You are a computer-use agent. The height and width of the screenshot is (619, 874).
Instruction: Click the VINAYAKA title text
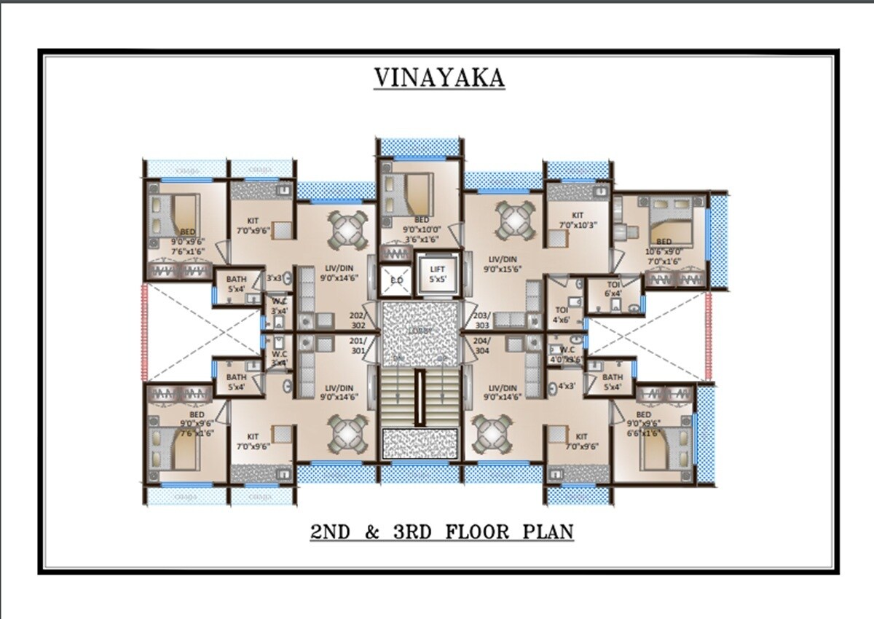coord(438,77)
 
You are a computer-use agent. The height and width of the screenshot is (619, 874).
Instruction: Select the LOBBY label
coord(421,331)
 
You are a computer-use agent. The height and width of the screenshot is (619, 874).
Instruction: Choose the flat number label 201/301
coord(358,345)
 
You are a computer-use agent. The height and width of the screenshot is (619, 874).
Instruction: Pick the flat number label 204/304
coord(481,345)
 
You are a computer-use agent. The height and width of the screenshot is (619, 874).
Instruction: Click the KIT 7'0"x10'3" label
coord(578,220)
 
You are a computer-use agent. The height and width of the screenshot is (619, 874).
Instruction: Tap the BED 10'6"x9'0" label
coord(664,247)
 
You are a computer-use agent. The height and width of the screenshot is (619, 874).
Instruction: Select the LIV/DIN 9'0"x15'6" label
coord(503,264)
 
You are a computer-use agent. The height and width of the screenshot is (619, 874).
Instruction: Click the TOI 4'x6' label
coord(562,315)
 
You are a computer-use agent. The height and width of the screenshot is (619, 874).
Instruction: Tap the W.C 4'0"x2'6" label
coord(567,354)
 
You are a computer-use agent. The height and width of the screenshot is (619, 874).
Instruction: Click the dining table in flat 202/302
coord(342,227)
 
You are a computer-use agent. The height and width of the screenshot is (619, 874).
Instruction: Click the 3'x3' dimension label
coord(274,277)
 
